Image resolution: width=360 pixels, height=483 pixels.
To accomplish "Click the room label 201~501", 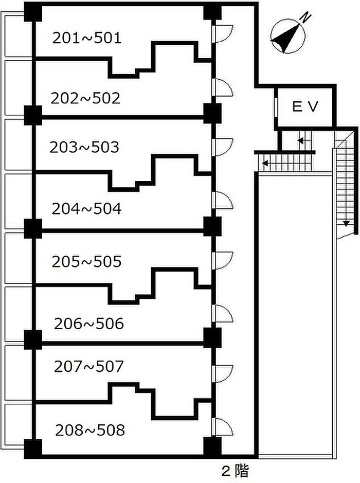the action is coord(87,38).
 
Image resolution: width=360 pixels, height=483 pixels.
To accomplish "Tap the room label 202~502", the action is coord(85,98).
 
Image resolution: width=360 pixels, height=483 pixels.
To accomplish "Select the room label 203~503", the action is coord(84,147).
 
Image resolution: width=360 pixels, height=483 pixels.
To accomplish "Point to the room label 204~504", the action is coord(86,209).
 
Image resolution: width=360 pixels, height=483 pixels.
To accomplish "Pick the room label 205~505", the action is coord(86,261).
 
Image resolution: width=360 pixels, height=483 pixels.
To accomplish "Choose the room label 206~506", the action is coord(88,324).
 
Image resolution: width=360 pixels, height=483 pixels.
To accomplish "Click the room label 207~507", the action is coord(88,366).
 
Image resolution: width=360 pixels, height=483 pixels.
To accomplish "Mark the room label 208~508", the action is coord(90,430).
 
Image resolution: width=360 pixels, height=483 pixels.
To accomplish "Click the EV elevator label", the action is coord(305,106).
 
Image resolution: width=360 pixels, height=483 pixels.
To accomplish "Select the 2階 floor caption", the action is coord(236,471).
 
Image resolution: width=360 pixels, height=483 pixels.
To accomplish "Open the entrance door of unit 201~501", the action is coord(222,34).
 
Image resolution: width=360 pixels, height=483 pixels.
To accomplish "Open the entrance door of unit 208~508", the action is coord(222,426).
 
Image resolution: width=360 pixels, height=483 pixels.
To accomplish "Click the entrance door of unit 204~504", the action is coord(222,201).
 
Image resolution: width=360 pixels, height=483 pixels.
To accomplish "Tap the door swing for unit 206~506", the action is coord(222,314).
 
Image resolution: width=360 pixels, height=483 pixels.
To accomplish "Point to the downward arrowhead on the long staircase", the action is coord(347,223).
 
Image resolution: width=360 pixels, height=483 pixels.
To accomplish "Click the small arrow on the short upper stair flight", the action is coord(300,140).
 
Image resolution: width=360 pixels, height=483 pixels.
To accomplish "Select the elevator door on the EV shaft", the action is coord(276,107).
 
